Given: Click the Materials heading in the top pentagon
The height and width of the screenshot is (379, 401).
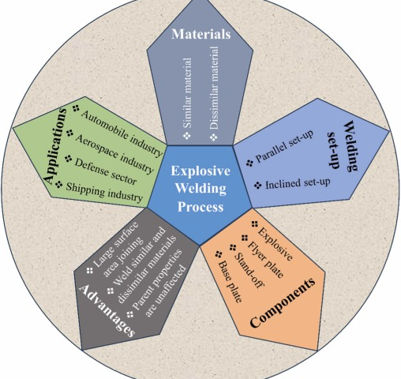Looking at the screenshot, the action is coord(201,34).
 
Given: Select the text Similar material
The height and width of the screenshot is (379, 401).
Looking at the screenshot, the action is coord(188,93).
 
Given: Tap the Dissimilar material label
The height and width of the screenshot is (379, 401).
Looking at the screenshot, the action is coord(214,88).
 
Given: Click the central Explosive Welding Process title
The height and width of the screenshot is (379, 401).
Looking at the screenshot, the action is coord(200,189).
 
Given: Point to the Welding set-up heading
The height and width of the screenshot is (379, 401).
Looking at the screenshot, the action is coord(343,146).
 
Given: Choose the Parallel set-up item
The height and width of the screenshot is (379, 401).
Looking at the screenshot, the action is coord(285,146).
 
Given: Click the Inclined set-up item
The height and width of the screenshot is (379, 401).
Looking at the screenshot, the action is coord(298,183).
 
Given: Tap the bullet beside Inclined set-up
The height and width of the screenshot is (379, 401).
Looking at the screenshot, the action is coord(258,186).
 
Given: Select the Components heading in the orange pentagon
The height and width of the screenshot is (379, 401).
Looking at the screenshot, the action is coord(282,302).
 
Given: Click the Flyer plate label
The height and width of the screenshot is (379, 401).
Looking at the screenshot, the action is coord(265,260).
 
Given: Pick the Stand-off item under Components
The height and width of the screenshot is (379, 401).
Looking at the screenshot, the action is coord(249,270).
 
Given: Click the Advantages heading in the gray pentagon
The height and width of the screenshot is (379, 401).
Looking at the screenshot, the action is coord(107,310).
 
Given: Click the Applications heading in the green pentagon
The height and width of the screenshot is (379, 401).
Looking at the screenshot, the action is coord(54,145).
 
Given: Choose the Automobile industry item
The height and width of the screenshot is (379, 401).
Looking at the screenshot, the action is coord(122,133).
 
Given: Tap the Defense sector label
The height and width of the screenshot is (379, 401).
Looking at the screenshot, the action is coord(106,171).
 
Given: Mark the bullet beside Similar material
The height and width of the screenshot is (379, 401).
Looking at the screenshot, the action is coord(187,136).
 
